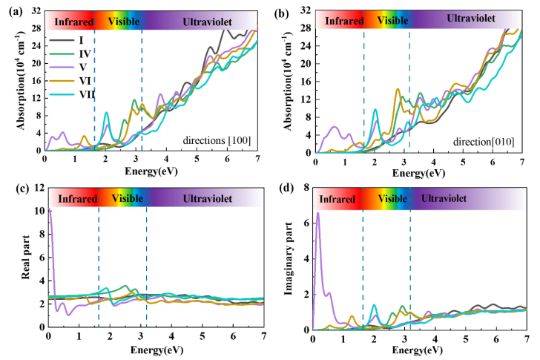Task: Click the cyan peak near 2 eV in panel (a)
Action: (x=106, y=113)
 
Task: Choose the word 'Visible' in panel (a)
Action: (x=124, y=22)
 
